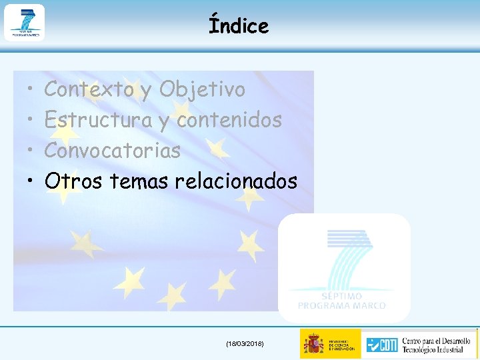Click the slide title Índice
point(239,26)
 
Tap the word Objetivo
point(203,89)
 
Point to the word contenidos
point(229,120)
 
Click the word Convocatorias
point(112,151)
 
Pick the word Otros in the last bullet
point(73,181)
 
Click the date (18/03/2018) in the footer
point(245,343)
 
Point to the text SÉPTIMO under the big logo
point(341,296)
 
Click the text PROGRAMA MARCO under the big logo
point(341,305)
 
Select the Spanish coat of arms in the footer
point(313,344)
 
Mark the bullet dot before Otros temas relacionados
point(31,181)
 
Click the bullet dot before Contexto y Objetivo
point(31,90)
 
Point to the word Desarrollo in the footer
point(457,339)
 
